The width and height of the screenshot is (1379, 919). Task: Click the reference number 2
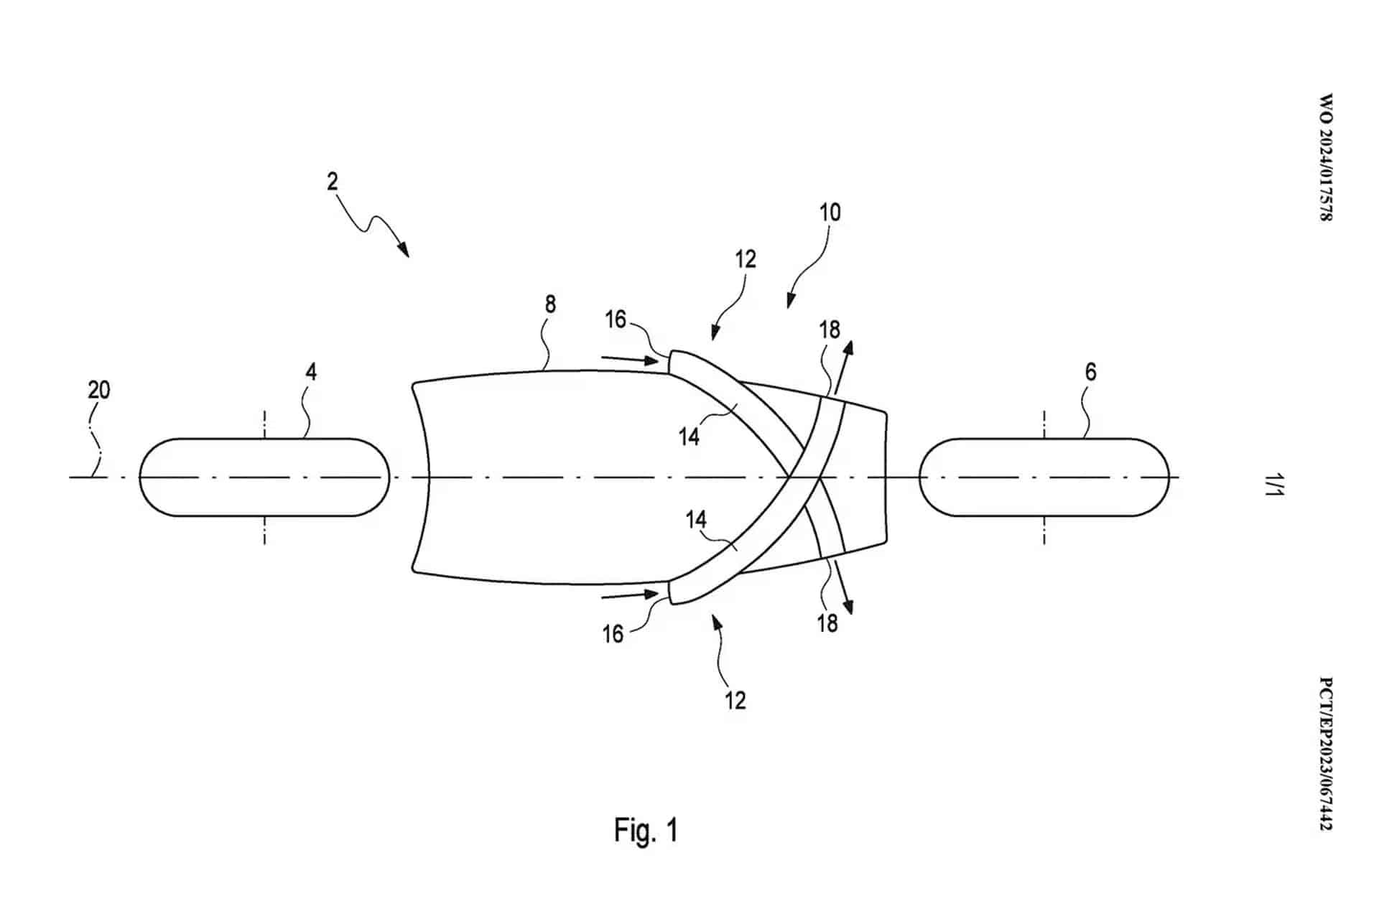[x=332, y=181]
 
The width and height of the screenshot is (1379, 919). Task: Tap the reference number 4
[x=310, y=372]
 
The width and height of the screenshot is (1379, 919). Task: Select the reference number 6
[x=1090, y=372]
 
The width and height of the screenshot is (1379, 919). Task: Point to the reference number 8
[x=550, y=304]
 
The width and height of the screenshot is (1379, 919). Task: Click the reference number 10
[x=830, y=213]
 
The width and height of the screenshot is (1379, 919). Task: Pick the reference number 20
[x=99, y=390]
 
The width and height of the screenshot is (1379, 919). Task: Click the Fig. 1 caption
[x=646, y=830]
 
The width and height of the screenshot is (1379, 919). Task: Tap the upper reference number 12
[x=746, y=259]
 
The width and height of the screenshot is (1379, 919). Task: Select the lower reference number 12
[x=735, y=700]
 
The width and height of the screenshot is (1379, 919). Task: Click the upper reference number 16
[x=616, y=319]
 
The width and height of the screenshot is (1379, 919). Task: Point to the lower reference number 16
[x=613, y=634]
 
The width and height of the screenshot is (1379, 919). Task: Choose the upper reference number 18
[x=830, y=330]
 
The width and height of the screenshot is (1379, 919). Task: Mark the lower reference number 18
[x=827, y=623]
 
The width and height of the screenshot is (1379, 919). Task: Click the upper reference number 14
[x=689, y=436]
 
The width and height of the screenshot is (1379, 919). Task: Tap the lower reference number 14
[x=696, y=520]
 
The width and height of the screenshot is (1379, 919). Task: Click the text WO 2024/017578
[x=1326, y=157]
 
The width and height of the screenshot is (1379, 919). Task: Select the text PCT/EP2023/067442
[x=1326, y=754]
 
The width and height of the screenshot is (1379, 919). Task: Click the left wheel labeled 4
[x=264, y=477]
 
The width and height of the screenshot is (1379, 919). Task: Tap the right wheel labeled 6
[x=1044, y=477]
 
